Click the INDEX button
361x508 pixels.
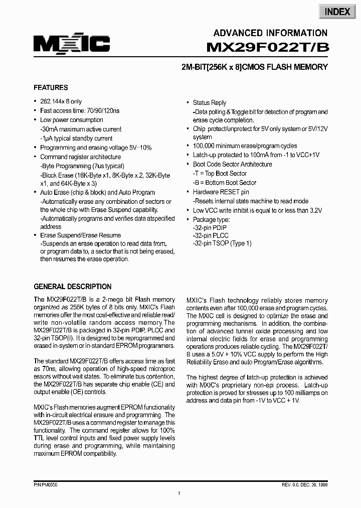(x=337, y=12)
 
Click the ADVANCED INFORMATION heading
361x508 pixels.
(x=270, y=33)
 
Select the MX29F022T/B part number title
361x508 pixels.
(x=267, y=48)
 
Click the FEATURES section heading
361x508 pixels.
(x=51, y=87)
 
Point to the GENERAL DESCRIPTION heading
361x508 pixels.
(x=72, y=287)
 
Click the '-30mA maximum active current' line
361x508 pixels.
(x=81, y=129)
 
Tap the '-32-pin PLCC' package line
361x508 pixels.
(x=211, y=234)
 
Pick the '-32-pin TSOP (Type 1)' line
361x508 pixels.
(x=222, y=243)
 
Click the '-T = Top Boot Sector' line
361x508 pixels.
(x=220, y=174)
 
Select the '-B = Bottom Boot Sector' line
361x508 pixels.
(x=225, y=183)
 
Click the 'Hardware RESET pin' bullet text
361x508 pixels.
(x=221, y=192)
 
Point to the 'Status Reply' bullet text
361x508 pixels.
(x=210, y=102)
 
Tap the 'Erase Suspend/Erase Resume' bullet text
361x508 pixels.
(x=80, y=235)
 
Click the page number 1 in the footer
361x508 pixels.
(x=179, y=494)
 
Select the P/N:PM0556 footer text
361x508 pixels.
(x=46, y=485)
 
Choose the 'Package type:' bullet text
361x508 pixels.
(x=211, y=219)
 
